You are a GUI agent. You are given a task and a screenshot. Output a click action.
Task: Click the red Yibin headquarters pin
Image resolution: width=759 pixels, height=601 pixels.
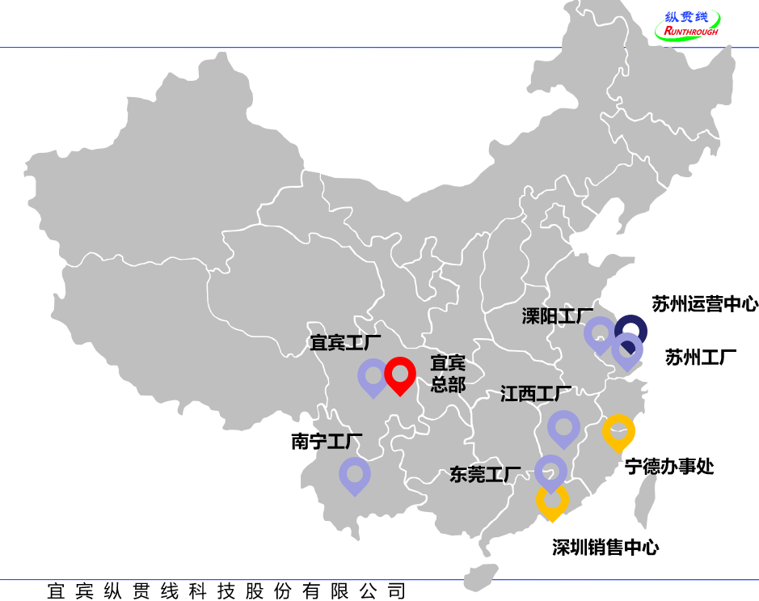pyautogui.click(x=399, y=374)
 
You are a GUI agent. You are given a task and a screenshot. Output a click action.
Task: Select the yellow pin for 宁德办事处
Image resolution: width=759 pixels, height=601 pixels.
pyautogui.click(x=618, y=430)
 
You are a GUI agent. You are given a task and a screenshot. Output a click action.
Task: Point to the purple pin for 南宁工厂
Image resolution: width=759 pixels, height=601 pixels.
pyautogui.click(x=354, y=474)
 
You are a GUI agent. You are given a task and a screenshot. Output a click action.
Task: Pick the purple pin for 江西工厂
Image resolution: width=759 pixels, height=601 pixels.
pyautogui.click(x=563, y=426)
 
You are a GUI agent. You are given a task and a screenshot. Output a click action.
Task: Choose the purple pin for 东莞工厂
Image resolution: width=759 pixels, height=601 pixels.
pyautogui.click(x=550, y=471)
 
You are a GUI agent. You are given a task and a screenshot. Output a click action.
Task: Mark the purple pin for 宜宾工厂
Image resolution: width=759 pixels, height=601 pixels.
pyautogui.click(x=373, y=375)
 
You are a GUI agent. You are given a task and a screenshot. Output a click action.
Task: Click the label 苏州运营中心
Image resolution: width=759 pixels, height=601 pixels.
pyautogui.click(x=705, y=304)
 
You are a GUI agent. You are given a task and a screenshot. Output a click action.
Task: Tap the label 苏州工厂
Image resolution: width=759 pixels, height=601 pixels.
pyautogui.click(x=701, y=357)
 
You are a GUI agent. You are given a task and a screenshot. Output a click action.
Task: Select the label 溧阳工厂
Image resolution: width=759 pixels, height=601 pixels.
pyautogui.click(x=558, y=315)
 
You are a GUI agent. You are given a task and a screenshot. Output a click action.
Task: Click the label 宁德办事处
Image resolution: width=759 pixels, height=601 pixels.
pyautogui.click(x=669, y=467)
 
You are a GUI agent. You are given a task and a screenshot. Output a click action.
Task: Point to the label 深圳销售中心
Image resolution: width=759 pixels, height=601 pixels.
pyautogui.click(x=605, y=548)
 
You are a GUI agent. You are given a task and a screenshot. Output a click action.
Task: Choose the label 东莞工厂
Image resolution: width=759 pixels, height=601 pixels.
pyautogui.click(x=485, y=475)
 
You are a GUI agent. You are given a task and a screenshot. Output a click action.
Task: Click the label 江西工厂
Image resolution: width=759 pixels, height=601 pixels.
pyautogui.click(x=536, y=394)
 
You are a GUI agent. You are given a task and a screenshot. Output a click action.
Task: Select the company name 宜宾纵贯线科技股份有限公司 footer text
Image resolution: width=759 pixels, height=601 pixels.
pyautogui.click(x=226, y=591)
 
